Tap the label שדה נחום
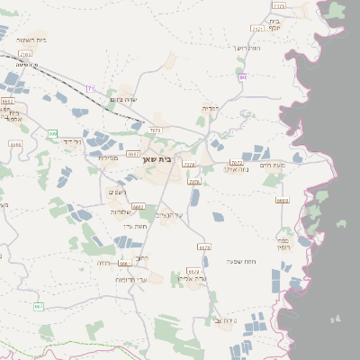[x=122, y=98]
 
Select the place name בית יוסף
[x=274, y=24]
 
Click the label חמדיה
[x=211, y=109]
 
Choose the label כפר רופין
[x=283, y=242]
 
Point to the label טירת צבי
[x=226, y=320]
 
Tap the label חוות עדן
[x=134, y=226]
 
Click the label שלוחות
[x=121, y=211]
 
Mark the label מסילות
[x=107, y=157]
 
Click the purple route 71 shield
[x=90, y=87]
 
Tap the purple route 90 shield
[x=243, y=77]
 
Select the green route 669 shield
[x=53, y=134]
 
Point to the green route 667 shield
[x=39, y=307]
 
